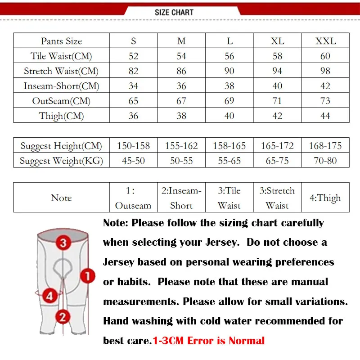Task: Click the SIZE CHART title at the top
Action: (174, 12)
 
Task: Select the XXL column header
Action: (325, 41)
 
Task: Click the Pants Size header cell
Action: (61, 41)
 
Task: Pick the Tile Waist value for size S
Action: (133, 56)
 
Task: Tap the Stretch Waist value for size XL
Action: (277, 71)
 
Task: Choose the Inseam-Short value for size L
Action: (229, 86)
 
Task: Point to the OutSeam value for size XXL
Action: (325, 101)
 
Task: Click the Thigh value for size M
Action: (181, 116)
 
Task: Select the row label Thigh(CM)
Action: (61, 116)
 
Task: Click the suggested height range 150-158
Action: (133, 146)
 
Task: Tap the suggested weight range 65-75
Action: (277, 161)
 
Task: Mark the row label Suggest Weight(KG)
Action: (61, 161)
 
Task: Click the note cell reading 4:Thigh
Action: (325, 198)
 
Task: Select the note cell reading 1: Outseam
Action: (133, 198)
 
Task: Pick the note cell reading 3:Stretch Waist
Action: (277, 198)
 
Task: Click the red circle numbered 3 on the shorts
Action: (63, 243)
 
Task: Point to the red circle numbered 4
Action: (49, 296)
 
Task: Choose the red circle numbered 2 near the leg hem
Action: (63, 317)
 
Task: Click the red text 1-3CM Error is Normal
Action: (209, 341)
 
